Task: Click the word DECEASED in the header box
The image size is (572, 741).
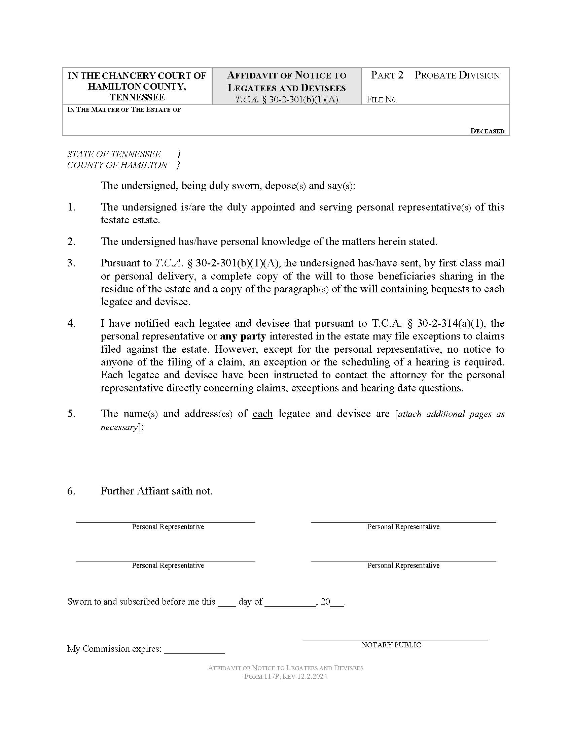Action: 487,131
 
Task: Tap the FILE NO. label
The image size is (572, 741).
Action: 382,100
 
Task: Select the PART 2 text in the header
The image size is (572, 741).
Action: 387,75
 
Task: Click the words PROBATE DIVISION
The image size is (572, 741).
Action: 457,75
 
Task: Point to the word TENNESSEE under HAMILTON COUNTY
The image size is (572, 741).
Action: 137,97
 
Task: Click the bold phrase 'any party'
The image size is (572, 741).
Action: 243,336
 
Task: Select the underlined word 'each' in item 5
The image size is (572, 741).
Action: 263,414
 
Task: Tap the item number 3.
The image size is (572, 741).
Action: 71,263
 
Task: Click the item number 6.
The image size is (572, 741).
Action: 71,491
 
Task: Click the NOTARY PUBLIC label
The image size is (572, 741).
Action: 391,645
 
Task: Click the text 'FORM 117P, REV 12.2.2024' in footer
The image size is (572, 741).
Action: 286,677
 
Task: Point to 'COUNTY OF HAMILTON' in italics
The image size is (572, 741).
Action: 117,165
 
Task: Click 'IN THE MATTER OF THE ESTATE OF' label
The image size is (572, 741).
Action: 124,109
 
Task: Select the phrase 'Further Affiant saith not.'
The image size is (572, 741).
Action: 156,491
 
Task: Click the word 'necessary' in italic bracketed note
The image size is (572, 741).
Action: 118,427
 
